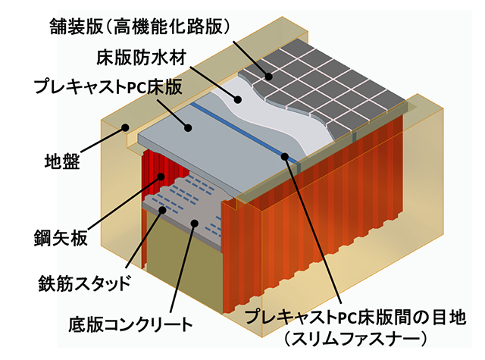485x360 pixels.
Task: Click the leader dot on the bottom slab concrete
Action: [x=196, y=222]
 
